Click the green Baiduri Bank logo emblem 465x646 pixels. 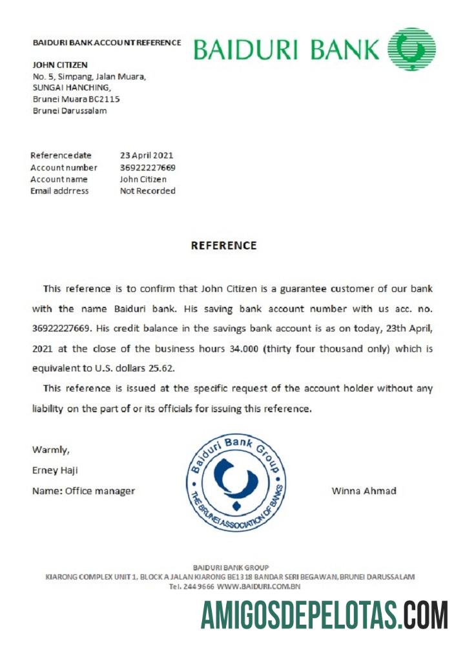411,49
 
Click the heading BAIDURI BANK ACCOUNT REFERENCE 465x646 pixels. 107,43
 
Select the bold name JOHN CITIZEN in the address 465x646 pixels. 60,65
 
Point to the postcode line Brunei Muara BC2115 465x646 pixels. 76,99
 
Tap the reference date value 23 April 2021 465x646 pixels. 147,155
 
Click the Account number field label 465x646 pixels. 64,167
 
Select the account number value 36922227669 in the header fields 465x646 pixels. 148,167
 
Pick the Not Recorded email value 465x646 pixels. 148,191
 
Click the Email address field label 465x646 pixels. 59,191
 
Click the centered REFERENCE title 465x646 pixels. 223,245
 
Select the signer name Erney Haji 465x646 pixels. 55,470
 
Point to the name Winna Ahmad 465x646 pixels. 364,491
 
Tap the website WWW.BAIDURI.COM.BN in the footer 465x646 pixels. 259,587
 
